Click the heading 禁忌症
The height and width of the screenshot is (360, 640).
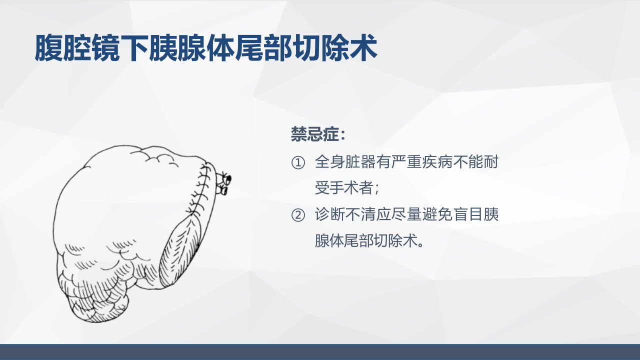pyautogui.click(x=315, y=134)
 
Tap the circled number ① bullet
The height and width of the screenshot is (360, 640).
pyautogui.click(x=298, y=162)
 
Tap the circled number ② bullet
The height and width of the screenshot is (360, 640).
pyautogui.click(x=298, y=215)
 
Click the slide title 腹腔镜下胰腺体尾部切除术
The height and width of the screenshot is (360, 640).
pyautogui.click(x=206, y=47)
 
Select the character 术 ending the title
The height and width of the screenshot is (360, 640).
pyautogui.click(x=363, y=47)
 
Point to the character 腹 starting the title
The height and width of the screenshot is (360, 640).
pyautogui.click(x=49, y=47)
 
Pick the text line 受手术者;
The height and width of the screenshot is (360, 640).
pyautogui.click(x=347, y=187)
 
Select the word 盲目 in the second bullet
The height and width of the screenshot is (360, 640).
pyautogui.click(x=467, y=214)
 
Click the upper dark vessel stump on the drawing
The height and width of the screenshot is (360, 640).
pyautogui.click(x=228, y=179)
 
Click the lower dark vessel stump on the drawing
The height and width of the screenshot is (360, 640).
pyautogui.click(x=224, y=190)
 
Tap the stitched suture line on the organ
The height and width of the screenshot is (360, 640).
pyautogui.click(x=200, y=191)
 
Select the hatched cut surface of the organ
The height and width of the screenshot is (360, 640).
pyautogui.click(x=179, y=251)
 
